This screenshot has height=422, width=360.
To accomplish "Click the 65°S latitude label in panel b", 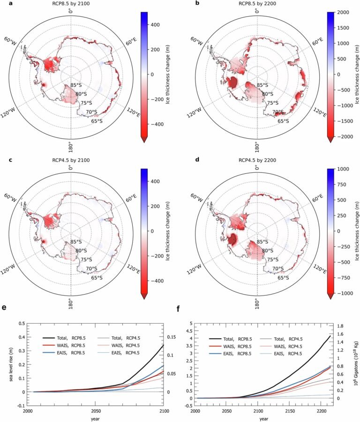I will coord(283,121).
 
